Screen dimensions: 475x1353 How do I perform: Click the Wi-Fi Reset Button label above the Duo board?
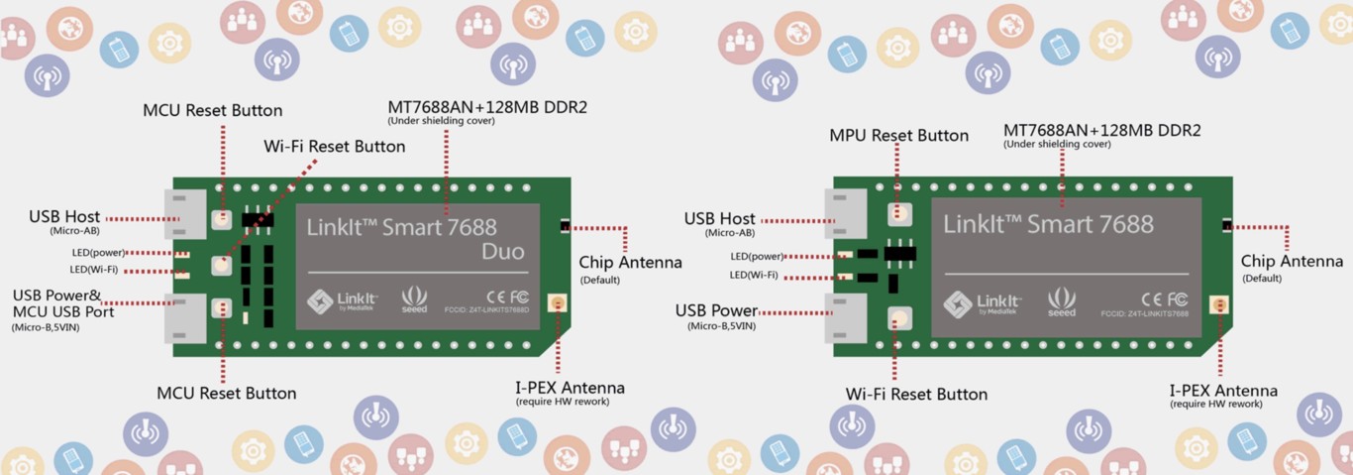334,147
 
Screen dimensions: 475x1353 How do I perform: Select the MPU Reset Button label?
898,135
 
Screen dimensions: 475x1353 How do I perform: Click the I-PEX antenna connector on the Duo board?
558,304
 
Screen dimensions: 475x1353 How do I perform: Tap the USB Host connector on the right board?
845,213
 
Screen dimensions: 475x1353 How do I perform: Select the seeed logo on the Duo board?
414,301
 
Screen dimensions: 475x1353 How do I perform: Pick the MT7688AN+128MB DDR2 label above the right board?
1101,131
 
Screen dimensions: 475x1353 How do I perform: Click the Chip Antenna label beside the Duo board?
630,263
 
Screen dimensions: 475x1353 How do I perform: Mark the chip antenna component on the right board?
1226,225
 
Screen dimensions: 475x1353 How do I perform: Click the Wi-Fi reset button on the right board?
898,317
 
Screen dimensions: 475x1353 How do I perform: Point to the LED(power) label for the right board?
754,256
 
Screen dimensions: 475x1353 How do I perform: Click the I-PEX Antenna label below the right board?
1222,391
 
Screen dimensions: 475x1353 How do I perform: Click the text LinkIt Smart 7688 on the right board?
1048,224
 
